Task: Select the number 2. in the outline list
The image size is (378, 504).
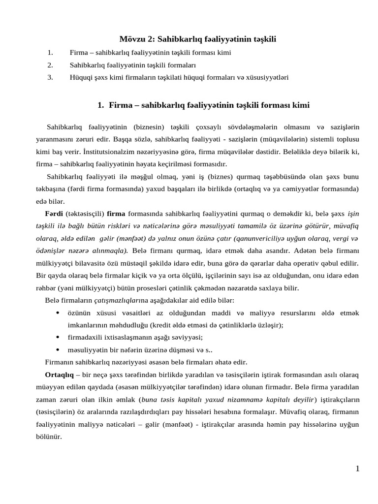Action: (x=50, y=64)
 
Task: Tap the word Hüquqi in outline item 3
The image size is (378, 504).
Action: (x=80, y=77)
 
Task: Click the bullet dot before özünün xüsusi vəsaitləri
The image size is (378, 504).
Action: (x=58, y=313)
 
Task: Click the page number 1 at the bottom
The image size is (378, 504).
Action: (x=357, y=469)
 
